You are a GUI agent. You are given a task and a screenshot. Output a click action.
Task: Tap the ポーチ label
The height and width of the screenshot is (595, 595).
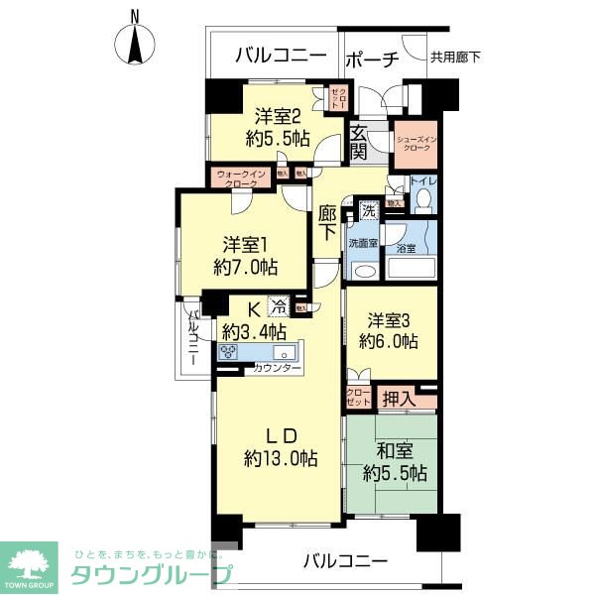click(372, 59)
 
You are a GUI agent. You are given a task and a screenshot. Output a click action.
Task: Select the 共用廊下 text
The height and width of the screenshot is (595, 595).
click(455, 58)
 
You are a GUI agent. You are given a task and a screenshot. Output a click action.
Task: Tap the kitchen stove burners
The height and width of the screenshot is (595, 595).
click(229, 353)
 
